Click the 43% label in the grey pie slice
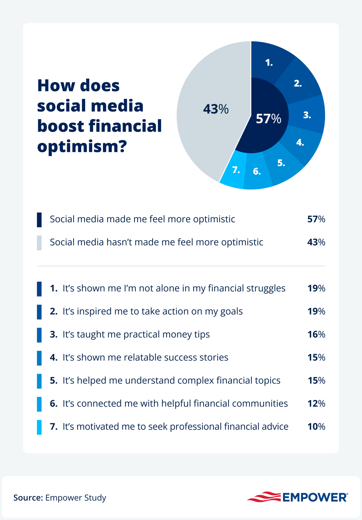[x=215, y=109]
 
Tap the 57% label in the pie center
[x=268, y=119]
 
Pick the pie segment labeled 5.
[x=281, y=163]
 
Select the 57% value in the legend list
[x=316, y=219]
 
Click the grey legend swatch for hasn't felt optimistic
[x=39, y=243]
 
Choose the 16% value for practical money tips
[x=316, y=334]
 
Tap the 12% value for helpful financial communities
[x=316, y=403]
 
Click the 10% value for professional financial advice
[x=316, y=426]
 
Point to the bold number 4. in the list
[x=54, y=357]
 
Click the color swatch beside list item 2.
[x=39, y=312]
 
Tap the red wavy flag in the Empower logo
[x=264, y=497]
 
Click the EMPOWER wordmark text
[x=315, y=498]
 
